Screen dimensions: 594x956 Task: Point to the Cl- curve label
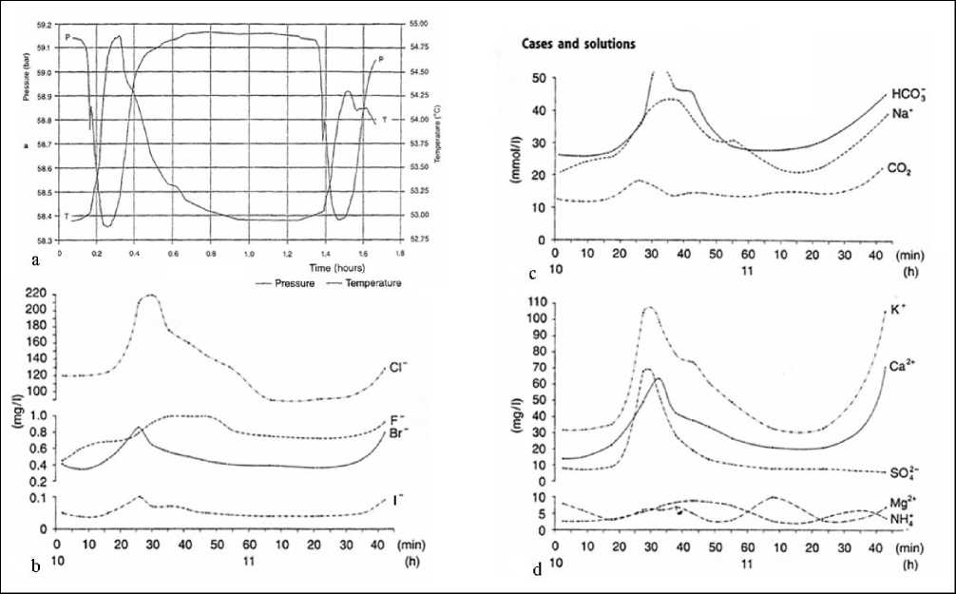click(397, 368)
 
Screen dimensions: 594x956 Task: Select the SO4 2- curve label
click(903, 472)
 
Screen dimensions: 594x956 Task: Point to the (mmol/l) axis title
click(515, 158)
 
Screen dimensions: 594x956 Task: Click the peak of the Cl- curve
click(148, 296)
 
